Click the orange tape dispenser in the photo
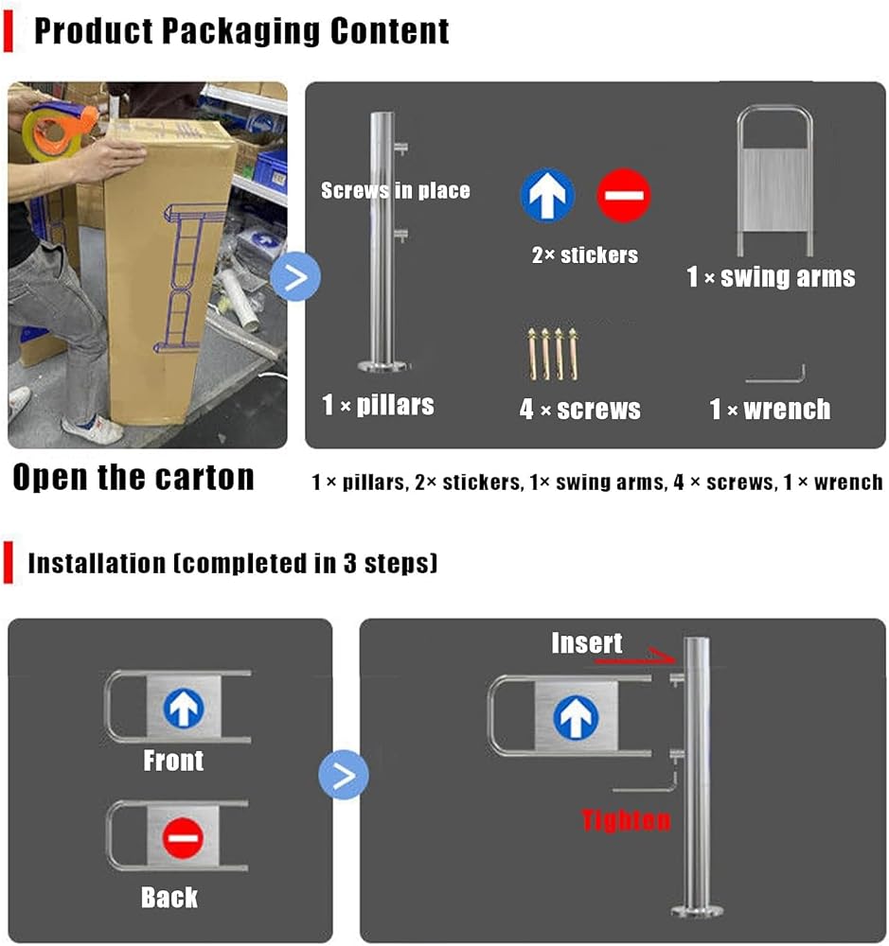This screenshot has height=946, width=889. pos(59,129)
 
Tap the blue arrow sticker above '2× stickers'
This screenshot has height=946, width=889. pos(547,195)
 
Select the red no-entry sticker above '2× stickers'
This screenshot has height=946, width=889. pos(623,195)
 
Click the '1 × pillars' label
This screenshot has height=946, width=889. pos(378,405)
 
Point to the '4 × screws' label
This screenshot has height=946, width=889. pos(579,409)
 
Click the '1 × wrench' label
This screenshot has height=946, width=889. pos(770,409)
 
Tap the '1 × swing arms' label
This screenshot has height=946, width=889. pos(772,277)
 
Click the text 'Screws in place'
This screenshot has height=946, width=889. pos(396,191)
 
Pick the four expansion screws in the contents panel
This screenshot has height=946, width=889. pos(553,354)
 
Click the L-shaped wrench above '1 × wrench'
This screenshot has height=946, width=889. pos(775,379)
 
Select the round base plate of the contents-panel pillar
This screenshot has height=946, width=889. pos(382,365)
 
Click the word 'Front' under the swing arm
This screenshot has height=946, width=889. pos(173,761)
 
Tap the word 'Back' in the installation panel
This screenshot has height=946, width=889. pos(169,898)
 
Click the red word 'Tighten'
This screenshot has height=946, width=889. pos(627,820)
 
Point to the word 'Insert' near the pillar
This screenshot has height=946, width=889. pos(586,643)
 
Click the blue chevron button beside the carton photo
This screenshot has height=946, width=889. pos(295,277)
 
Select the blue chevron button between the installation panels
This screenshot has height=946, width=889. pos(344,775)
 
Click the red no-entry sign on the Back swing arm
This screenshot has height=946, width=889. pos(183,838)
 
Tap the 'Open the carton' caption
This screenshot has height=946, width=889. pos(133,477)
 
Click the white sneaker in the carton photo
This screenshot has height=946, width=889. pos(94,428)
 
